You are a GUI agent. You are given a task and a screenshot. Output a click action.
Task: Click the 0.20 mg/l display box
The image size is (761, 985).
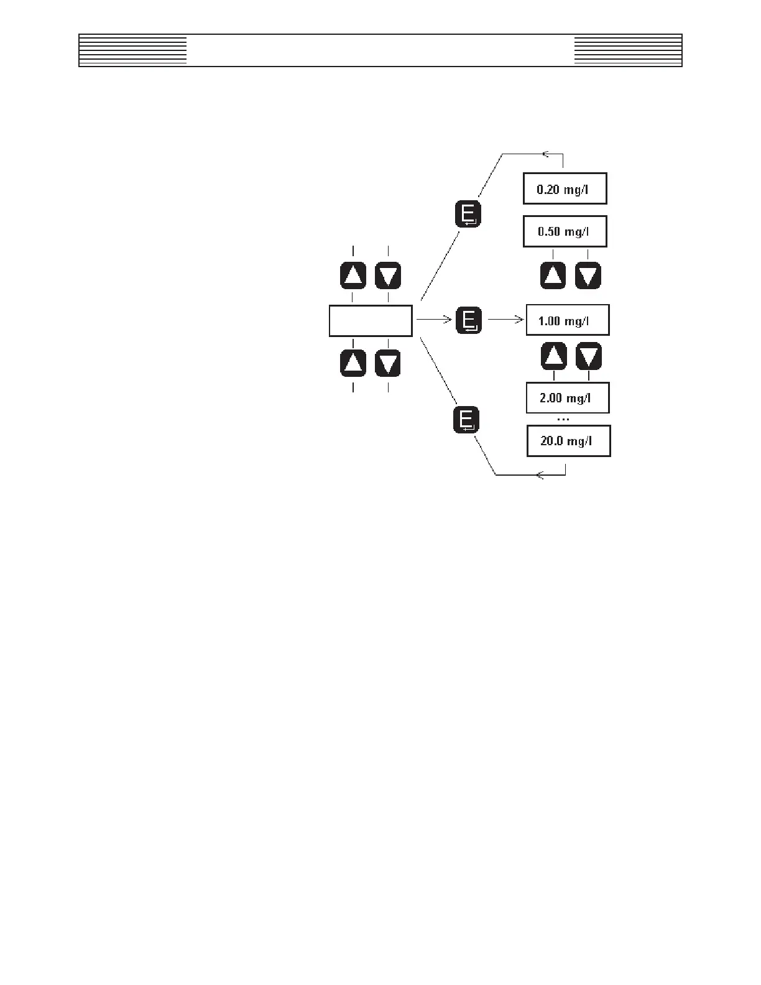click(565, 188)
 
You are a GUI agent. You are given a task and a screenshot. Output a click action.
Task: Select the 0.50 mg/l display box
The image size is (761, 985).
click(565, 231)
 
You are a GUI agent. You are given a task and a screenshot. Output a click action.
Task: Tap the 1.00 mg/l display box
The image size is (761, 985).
click(567, 320)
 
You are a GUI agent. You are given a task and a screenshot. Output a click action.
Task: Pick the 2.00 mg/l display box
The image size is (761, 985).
click(567, 398)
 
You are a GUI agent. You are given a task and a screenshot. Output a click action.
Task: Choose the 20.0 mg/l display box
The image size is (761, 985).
click(568, 441)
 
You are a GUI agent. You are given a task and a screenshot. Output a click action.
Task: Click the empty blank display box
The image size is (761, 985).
click(371, 321)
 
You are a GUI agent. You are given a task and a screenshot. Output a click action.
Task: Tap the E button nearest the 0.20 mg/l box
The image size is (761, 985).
click(468, 214)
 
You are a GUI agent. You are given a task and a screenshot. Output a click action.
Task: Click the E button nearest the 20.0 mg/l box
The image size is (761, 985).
click(466, 420)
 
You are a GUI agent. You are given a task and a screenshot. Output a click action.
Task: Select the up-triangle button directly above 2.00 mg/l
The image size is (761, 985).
click(554, 356)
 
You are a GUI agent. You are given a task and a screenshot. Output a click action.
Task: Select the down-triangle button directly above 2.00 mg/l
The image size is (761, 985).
click(589, 356)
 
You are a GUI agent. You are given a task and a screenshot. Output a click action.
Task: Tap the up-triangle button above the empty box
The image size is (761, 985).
click(353, 275)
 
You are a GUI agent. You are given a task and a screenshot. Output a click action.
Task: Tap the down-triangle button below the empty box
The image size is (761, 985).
click(388, 364)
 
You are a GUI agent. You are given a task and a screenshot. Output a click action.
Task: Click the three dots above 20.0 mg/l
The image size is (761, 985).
click(563, 419)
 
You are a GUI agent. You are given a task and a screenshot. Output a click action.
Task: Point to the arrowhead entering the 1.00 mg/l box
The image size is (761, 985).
click(520, 320)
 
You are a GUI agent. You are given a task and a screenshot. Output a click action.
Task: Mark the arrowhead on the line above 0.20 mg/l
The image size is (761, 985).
click(546, 153)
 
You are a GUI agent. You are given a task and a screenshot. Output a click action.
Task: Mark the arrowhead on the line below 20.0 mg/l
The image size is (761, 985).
click(540, 475)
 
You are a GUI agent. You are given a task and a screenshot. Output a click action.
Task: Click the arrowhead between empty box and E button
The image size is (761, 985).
click(447, 320)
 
